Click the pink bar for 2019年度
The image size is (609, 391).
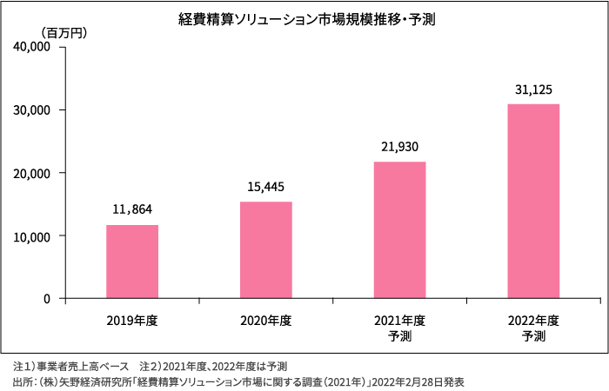click(x=132, y=262)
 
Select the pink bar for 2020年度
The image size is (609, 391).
click(x=265, y=250)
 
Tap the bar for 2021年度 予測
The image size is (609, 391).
click(x=399, y=230)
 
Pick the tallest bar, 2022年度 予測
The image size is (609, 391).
click(x=532, y=201)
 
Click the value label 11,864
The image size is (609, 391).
click(x=132, y=209)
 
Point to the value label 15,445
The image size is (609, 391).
click(x=265, y=187)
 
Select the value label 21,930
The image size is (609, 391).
click(x=399, y=147)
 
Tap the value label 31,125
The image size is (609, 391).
click(x=532, y=89)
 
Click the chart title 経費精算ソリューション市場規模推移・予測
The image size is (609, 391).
click(x=305, y=16)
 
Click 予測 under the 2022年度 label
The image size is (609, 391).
click(x=532, y=335)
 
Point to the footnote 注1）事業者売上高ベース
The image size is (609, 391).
click(x=70, y=366)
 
